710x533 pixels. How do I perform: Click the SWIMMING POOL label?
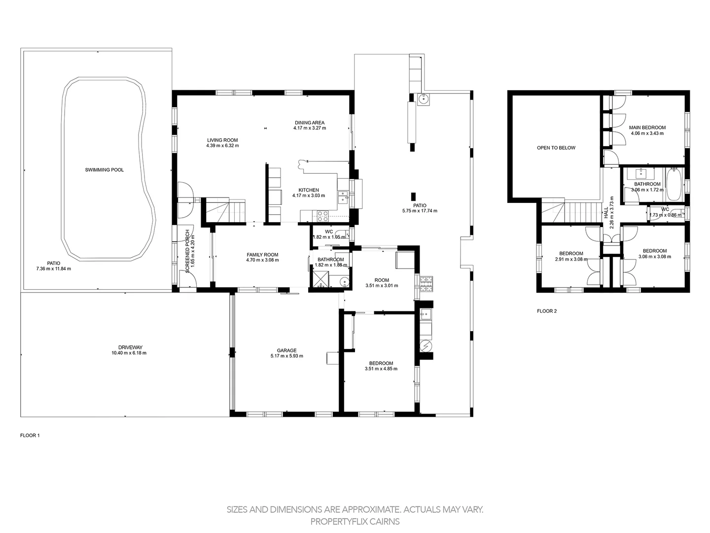click(104, 170)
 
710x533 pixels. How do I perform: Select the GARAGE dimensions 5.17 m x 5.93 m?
click(286, 356)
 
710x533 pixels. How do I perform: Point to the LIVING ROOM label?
click(222, 140)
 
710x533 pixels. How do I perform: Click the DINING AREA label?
click(310, 122)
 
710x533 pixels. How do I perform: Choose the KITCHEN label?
click(309, 190)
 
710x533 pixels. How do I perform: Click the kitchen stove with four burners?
click(322, 215)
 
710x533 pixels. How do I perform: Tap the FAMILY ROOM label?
click(262, 255)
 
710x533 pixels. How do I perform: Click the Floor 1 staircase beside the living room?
click(225, 210)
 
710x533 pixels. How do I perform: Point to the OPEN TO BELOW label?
click(556, 148)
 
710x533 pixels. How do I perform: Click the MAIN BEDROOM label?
click(647, 127)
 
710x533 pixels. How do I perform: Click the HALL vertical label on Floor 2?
click(606, 212)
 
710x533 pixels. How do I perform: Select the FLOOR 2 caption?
click(546, 311)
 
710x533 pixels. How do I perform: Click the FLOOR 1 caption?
click(30, 435)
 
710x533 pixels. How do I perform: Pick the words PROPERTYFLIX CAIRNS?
click(355, 521)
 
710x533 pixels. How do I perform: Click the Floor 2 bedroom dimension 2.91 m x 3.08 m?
click(571, 259)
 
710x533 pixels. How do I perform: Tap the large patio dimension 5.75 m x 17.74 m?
click(420, 211)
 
